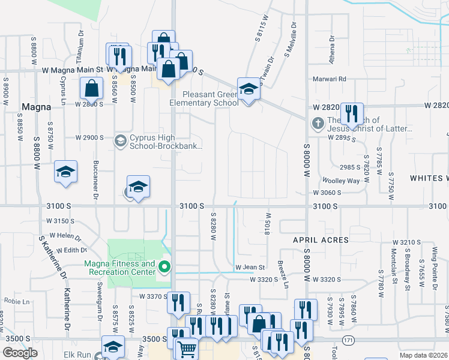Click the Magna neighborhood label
pos(35,107)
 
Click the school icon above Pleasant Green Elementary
pos(247,89)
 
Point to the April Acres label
pos(321,240)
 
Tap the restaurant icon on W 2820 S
pos(351,113)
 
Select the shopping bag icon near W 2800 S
pos(91,89)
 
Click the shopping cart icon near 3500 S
pos(187,348)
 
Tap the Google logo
pos(20,353)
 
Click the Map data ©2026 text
pos(424,355)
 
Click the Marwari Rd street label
pos(330,79)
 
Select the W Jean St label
pos(250,267)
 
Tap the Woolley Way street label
pos(341,181)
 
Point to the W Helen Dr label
pos(66,236)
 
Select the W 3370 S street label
pos(153,296)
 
